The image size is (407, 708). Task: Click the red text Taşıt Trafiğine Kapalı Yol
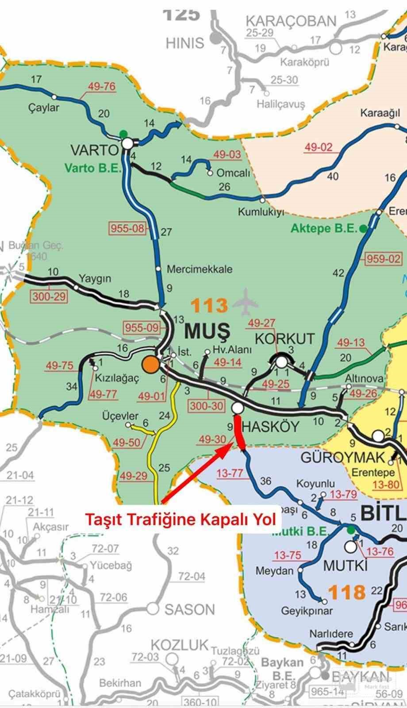click(180, 519)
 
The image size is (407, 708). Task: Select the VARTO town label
click(94, 150)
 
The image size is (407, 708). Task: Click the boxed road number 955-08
click(127, 228)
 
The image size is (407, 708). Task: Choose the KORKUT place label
click(284, 339)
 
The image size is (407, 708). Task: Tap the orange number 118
click(347, 592)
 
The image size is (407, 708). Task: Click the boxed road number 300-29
click(49, 296)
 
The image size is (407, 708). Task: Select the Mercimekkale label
click(199, 269)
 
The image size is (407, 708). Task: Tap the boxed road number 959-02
click(383, 258)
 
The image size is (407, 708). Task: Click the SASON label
click(189, 610)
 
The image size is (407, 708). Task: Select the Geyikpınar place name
click(307, 611)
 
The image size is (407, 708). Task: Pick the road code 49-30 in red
click(212, 439)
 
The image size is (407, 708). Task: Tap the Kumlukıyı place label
click(261, 212)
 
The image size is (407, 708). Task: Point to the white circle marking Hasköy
click(237, 408)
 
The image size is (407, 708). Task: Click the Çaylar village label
click(43, 108)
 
